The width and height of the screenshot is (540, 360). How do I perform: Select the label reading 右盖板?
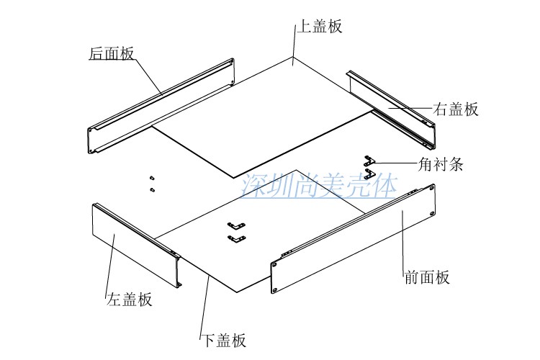pos(456,109)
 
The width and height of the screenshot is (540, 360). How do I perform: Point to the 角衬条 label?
pos(439,163)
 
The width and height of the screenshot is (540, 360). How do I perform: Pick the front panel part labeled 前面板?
pos(353,238)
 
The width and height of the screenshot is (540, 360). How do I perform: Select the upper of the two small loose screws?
pos(152,178)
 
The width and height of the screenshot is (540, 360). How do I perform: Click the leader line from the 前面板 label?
pos(402,238)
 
